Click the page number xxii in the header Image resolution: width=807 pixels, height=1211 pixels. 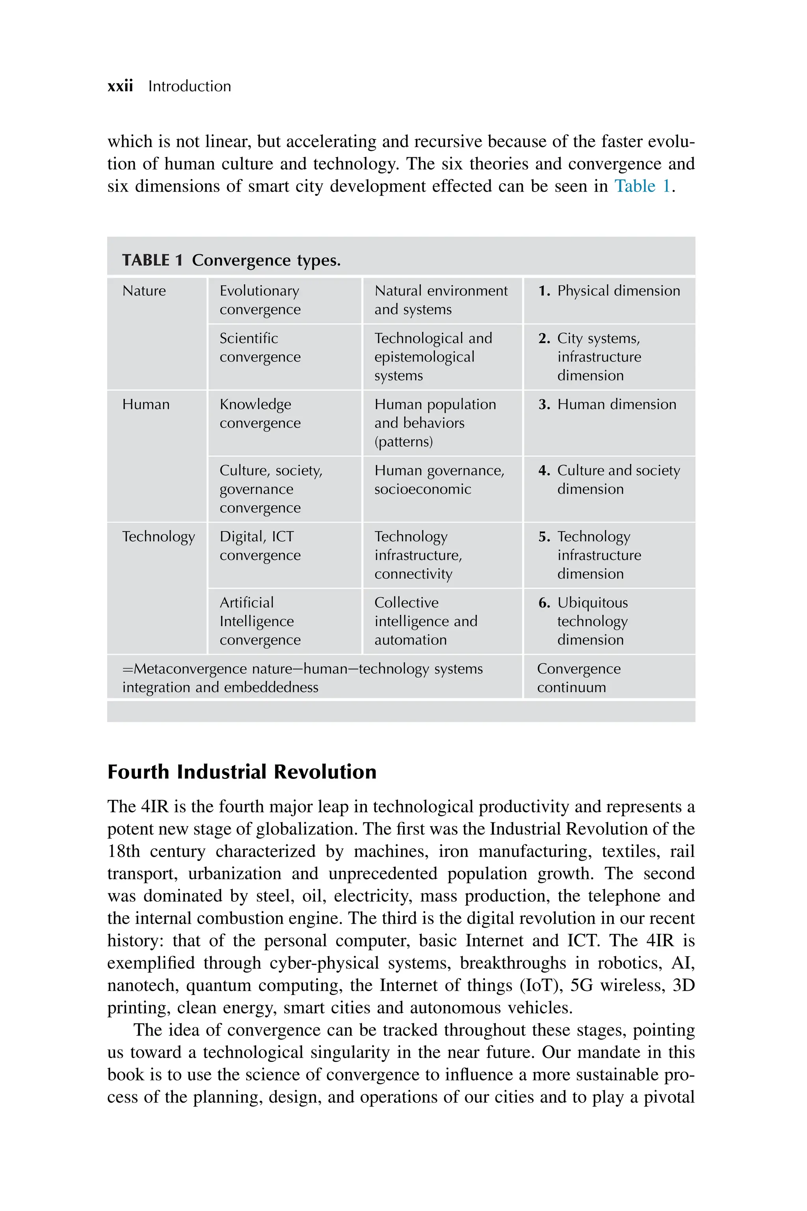(120, 86)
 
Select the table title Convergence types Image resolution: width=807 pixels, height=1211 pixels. (266, 260)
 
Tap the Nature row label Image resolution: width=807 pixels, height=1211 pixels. (144, 291)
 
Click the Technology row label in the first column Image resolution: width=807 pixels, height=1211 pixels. (158, 537)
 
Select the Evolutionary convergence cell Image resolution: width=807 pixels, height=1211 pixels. (260, 300)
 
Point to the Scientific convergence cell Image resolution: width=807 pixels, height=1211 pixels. (260, 348)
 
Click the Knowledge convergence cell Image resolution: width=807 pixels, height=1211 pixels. (260, 414)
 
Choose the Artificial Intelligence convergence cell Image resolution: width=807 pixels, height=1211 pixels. (260, 621)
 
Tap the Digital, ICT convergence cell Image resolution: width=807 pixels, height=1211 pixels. (260, 546)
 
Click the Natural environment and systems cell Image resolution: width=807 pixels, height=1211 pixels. (441, 300)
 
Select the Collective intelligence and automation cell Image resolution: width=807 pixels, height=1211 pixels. (426, 621)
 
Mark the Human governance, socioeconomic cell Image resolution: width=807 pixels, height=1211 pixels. (439, 480)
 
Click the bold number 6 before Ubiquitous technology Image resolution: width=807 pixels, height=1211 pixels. (544, 603)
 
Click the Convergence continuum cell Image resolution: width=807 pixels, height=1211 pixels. (578, 678)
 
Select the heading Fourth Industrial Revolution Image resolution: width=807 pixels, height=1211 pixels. (242, 772)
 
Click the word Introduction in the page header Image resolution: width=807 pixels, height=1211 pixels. (190, 86)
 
